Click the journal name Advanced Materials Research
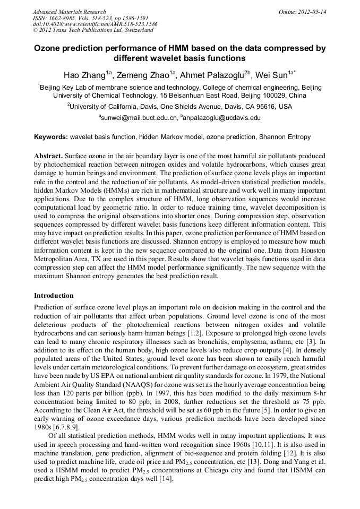pyautogui.click(x=69, y=12)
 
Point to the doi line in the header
pyautogui.click(x=95, y=24)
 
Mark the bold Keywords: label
pyautogui.click(x=51, y=137)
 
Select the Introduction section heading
pyautogui.click(x=54, y=295)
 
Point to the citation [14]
pyautogui.click(x=166, y=478)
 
